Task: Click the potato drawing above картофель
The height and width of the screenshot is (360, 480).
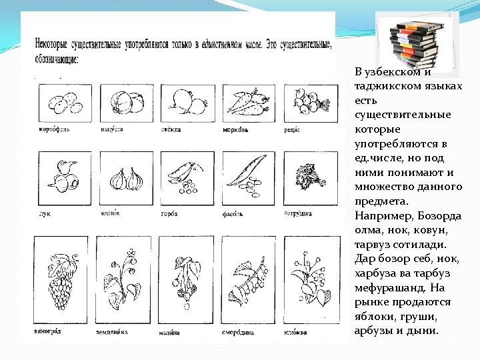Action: tap(61, 102)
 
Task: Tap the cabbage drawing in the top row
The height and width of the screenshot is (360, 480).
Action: tap(126, 102)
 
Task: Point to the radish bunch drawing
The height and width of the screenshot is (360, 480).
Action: tap(307, 102)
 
